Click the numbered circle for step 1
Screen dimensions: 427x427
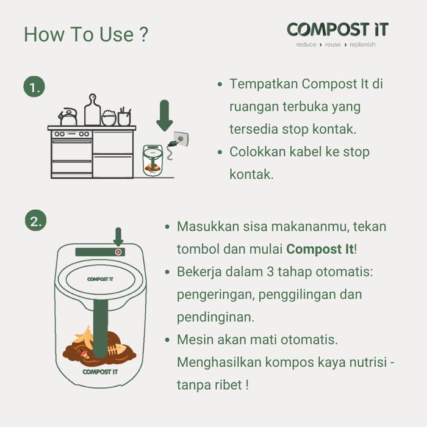pos(35,87)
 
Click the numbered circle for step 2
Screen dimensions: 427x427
pos(35,221)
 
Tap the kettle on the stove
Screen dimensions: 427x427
pos(68,117)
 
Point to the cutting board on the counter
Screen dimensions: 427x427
pos(93,111)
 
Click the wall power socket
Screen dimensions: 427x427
pos(181,138)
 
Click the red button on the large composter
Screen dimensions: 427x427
pos(118,251)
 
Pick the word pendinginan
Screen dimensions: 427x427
pos(215,317)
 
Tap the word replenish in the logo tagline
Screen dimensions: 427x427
pos(363,45)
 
